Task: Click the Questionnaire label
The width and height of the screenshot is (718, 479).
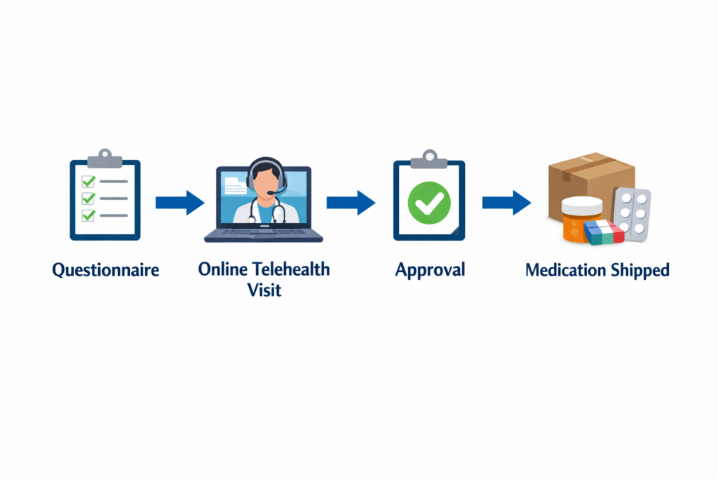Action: (x=105, y=270)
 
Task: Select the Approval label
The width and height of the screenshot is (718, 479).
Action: (x=429, y=270)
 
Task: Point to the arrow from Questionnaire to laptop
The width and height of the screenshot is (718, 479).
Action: (x=179, y=203)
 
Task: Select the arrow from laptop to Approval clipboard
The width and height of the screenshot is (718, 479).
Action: (x=350, y=203)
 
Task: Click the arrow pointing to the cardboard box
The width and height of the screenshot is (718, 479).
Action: (x=506, y=203)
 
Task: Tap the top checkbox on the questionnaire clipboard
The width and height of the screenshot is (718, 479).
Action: (x=88, y=181)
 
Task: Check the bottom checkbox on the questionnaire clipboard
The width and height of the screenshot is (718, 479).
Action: (x=88, y=215)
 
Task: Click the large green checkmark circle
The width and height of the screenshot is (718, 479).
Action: (x=428, y=203)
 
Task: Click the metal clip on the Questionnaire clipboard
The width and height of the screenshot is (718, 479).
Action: (x=104, y=158)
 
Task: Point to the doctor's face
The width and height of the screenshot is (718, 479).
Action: (x=266, y=180)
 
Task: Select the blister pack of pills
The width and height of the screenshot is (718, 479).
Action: (x=632, y=214)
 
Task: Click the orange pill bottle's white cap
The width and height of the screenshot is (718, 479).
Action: (x=582, y=205)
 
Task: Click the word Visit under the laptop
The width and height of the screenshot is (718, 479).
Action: (x=264, y=290)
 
